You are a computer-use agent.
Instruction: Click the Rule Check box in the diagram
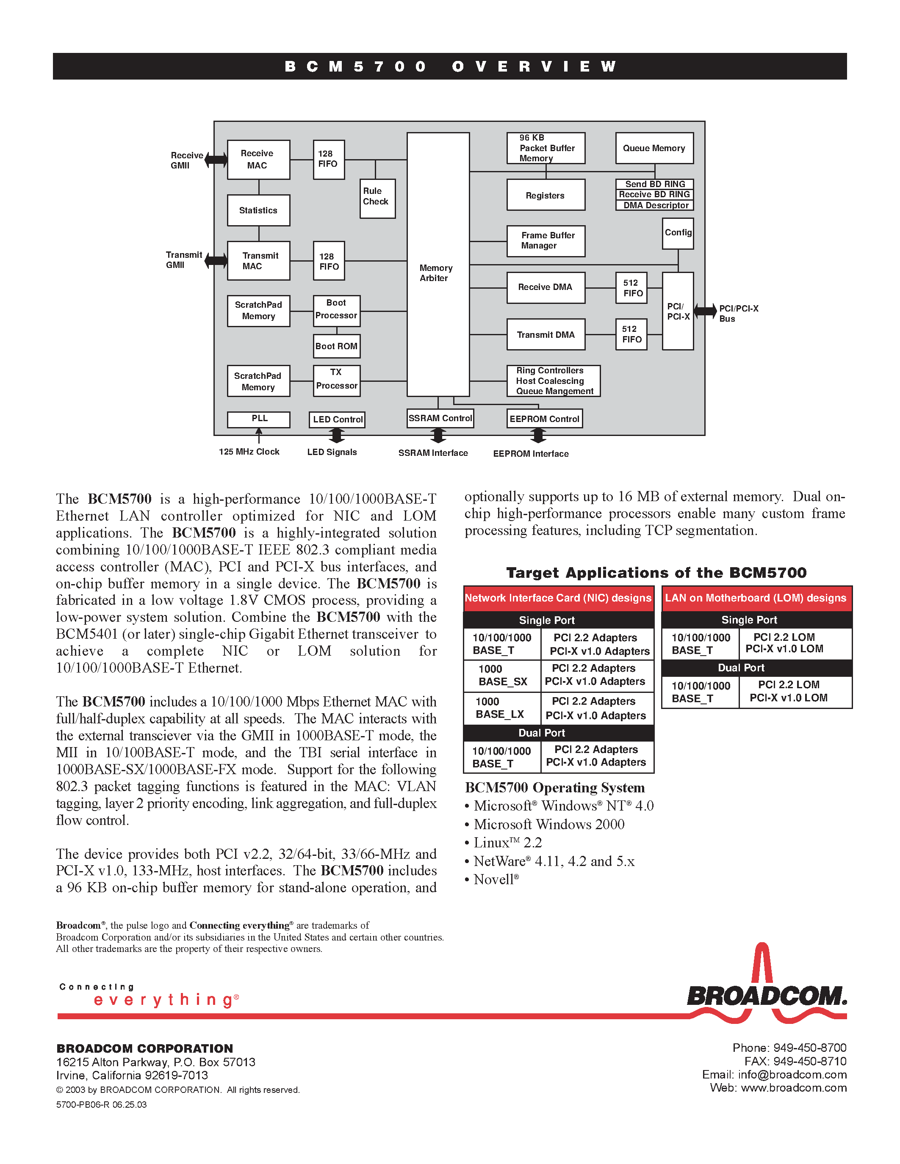(377, 198)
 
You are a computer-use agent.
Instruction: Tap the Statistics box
(259, 210)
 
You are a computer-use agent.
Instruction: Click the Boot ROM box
(336, 346)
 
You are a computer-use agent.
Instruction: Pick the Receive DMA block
(546, 287)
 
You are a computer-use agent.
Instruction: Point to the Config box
(678, 233)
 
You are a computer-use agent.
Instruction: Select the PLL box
(259, 419)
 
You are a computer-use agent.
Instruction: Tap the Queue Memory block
(654, 148)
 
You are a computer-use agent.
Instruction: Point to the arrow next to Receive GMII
(216, 159)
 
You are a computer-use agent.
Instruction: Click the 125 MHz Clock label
(249, 452)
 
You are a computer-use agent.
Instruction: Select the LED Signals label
(332, 452)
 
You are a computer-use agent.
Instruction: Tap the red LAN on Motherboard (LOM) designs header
(756, 598)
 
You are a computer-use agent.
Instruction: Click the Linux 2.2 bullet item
(507, 843)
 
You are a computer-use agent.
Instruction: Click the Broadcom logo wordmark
(766, 996)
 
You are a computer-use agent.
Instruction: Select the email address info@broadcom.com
(792, 1074)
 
